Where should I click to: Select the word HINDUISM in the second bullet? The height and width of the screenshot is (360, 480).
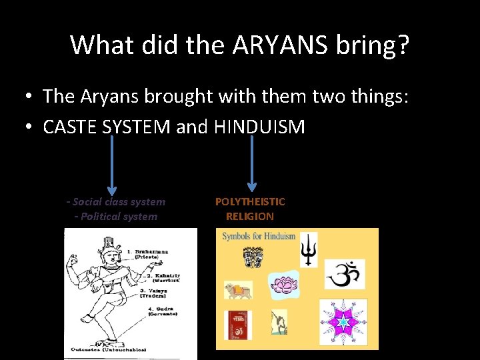click(259, 127)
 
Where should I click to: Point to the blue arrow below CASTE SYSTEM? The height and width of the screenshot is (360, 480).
click(112, 166)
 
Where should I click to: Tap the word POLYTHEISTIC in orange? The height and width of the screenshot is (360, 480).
click(250, 201)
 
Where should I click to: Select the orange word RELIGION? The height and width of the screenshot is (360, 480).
click(250, 216)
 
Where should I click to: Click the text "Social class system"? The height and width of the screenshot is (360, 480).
click(119, 201)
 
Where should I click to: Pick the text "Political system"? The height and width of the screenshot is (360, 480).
click(119, 216)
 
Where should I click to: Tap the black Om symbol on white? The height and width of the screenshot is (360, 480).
click(344, 274)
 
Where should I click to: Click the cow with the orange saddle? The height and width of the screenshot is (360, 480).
click(238, 289)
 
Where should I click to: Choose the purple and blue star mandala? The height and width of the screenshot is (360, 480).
click(343, 322)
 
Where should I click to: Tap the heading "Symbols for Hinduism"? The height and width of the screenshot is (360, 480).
click(259, 237)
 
